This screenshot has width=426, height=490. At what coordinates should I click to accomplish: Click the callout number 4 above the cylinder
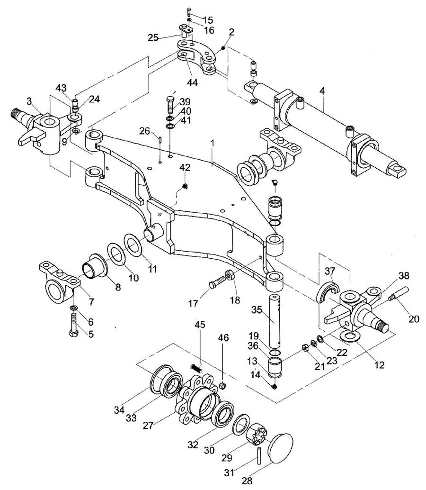tap(322, 91)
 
